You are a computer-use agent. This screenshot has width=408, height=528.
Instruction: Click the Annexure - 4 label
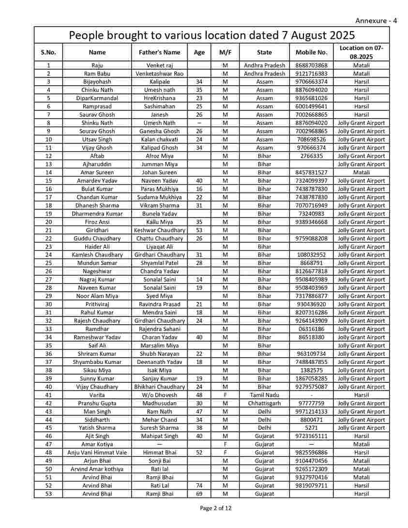point(376,21)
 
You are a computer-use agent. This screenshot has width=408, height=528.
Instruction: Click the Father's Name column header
point(159,52)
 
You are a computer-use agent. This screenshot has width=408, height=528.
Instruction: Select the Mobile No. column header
point(311,52)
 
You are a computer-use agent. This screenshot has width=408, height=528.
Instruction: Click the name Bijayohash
point(97,82)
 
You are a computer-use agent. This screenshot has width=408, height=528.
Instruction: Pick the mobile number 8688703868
point(311,65)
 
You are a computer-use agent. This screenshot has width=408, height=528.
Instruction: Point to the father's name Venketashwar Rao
point(159,74)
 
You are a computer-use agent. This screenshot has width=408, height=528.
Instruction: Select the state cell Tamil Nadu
point(264,395)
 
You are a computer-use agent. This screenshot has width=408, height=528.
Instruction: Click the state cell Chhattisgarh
point(264,403)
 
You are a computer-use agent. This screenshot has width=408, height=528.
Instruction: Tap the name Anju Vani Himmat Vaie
point(97,453)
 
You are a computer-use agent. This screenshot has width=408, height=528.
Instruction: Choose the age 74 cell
point(199,485)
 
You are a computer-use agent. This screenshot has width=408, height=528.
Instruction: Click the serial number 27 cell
point(48,279)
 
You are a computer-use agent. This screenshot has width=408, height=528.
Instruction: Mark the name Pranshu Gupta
point(97,403)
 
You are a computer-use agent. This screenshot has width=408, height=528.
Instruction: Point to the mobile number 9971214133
point(311,411)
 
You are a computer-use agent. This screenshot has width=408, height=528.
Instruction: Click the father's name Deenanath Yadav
point(159,362)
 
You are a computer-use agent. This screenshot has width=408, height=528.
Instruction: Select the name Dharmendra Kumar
point(97,213)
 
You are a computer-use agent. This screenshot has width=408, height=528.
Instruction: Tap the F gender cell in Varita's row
point(225,395)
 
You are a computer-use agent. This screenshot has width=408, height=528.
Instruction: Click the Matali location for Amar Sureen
point(361,172)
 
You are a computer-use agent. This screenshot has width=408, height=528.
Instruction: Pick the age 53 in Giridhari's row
point(199,230)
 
